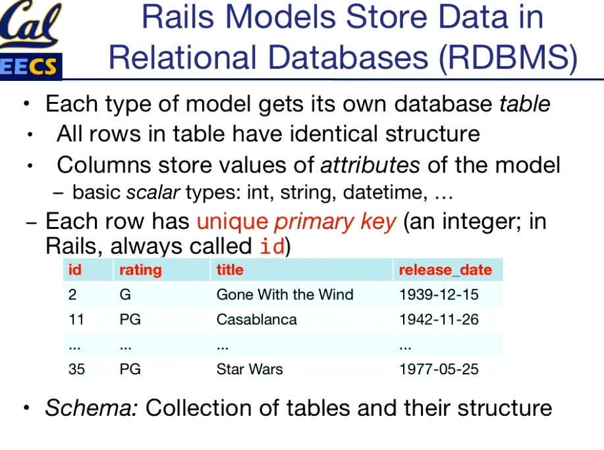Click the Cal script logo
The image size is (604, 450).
click(30, 24)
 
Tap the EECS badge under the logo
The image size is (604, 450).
click(30, 66)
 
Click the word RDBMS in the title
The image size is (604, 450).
click(508, 58)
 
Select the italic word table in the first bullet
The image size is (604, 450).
click(525, 104)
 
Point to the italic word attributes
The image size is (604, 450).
click(370, 165)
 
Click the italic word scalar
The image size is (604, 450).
click(153, 192)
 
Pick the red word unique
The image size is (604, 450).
click(233, 222)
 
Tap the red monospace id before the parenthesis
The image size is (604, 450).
click(272, 246)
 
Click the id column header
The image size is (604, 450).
click(74, 270)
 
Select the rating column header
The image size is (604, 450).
click(140, 270)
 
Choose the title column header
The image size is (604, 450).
click(230, 270)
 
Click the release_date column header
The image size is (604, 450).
click(445, 270)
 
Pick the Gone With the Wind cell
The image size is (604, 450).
click(285, 295)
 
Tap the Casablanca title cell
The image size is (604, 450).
click(256, 320)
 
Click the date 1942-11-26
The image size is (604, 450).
click(439, 320)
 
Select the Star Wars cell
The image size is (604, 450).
click(250, 369)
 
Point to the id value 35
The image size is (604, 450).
click(76, 369)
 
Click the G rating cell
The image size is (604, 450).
click(125, 295)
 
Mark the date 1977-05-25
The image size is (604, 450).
click(439, 369)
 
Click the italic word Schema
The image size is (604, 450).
click(92, 408)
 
